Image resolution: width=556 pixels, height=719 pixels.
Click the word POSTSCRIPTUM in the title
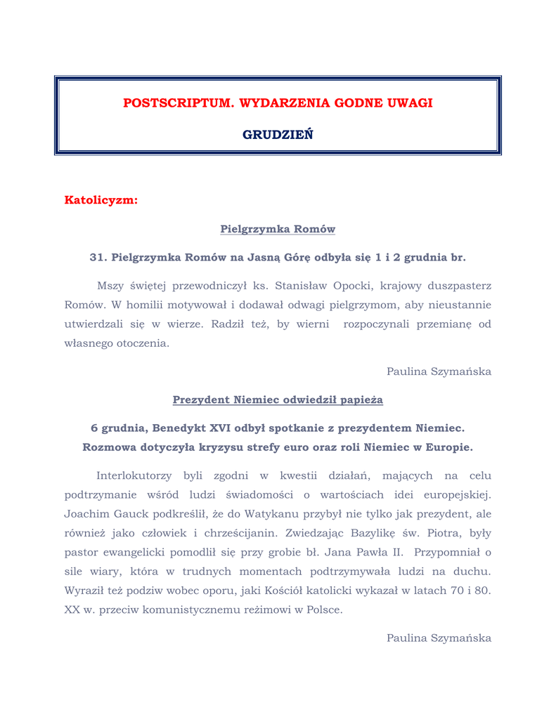(x=179, y=103)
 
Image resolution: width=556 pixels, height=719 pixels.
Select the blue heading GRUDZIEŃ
(x=278, y=135)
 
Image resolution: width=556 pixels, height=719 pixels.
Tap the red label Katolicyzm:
(x=101, y=200)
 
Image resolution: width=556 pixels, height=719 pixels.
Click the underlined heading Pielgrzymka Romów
(x=278, y=229)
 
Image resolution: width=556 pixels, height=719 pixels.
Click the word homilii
(x=141, y=305)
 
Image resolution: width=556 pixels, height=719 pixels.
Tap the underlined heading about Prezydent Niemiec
(x=278, y=400)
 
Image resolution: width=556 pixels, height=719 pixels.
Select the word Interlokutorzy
(x=134, y=476)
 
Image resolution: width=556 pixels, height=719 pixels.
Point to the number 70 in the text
(x=457, y=590)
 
